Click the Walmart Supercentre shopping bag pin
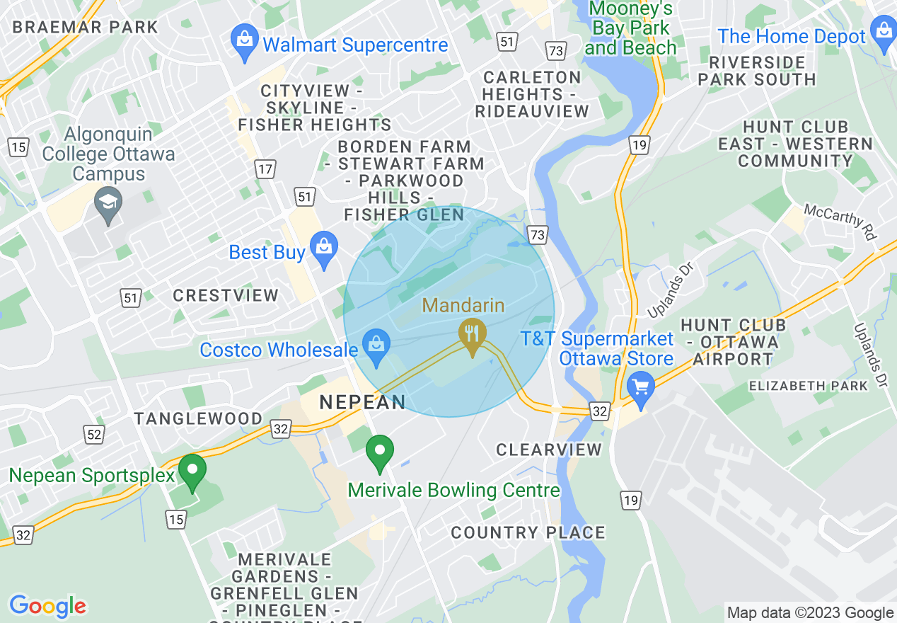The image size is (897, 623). [245, 43]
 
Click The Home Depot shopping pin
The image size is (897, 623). [884, 34]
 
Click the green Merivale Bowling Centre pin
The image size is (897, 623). [380, 453]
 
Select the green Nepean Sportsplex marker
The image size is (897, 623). [192, 472]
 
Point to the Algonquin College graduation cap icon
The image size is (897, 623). [108, 205]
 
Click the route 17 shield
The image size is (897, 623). [265, 170]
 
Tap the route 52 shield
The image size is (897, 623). [94, 433]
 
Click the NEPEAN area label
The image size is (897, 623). [363, 403]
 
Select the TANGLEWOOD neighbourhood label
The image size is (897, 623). [199, 418]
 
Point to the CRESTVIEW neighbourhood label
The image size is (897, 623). [226, 295]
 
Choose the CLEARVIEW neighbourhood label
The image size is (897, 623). [549, 450]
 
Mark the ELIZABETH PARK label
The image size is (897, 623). [808, 386]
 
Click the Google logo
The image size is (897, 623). [47, 606]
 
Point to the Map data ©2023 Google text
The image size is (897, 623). [810, 613]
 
